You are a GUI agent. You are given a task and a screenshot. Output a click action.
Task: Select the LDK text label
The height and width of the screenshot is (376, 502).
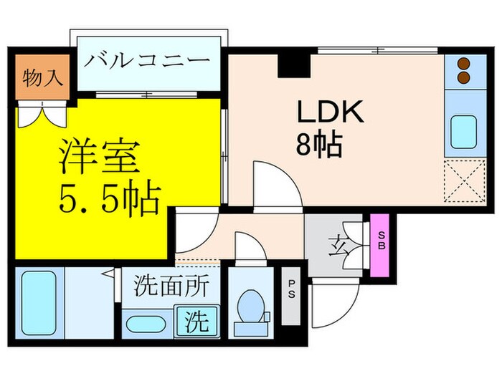331,113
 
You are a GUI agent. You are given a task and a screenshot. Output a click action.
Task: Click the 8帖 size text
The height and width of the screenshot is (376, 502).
318,146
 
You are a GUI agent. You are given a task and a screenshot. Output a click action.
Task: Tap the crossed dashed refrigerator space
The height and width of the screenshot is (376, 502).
462,180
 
